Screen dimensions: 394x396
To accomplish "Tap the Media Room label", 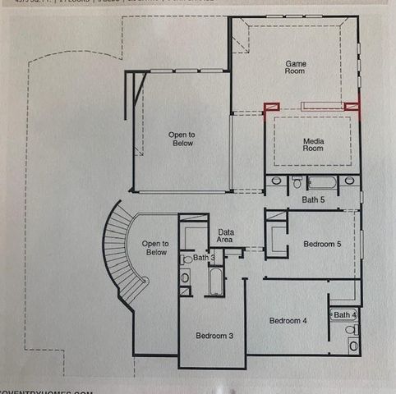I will click(x=313, y=144).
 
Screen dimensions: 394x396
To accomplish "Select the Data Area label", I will click(x=225, y=236).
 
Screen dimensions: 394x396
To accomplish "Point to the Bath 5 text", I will click(x=313, y=199).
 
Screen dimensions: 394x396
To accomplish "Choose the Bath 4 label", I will click(x=345, y=315).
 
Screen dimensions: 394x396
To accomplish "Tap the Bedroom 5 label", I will click(x=323, y=245).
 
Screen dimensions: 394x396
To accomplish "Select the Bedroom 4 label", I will click(x=288, y=320).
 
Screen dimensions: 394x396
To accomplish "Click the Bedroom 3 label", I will click(x=214, y=336).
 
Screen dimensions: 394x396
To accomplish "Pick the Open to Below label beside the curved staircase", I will click(x=155, y=248).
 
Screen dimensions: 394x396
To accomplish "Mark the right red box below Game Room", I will click(x=352, y=106).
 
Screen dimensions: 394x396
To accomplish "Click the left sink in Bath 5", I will click(x=277, y=181).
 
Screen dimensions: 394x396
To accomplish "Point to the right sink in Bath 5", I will click(x=349, y=181).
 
